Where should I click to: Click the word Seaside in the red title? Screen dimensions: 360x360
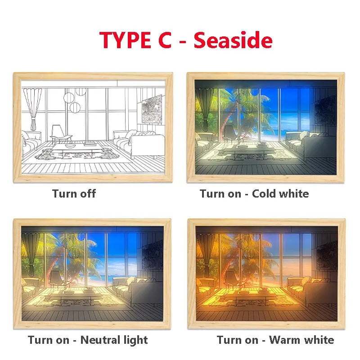[x=233, y=40]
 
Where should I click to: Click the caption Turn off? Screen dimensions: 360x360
[x=74, y=193]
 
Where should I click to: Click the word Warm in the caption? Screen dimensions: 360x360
[x=283, y=340]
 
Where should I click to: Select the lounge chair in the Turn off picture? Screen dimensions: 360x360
[x=60, y=134]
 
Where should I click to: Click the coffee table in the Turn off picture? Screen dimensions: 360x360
[x=76, y=150]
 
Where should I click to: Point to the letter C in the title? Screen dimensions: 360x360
[x=165, y=40]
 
